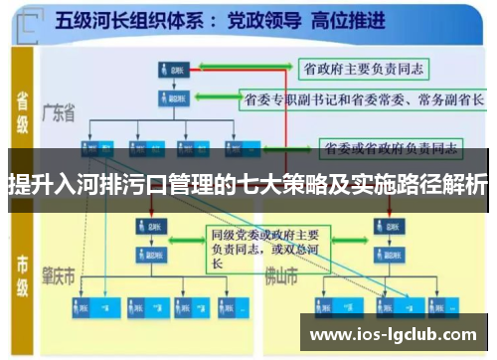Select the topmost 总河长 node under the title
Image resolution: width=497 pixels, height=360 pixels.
point(171,70)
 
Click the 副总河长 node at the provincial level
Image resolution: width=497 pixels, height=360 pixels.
point(171,99)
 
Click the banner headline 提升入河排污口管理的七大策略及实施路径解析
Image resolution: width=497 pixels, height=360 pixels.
point(248,184)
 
